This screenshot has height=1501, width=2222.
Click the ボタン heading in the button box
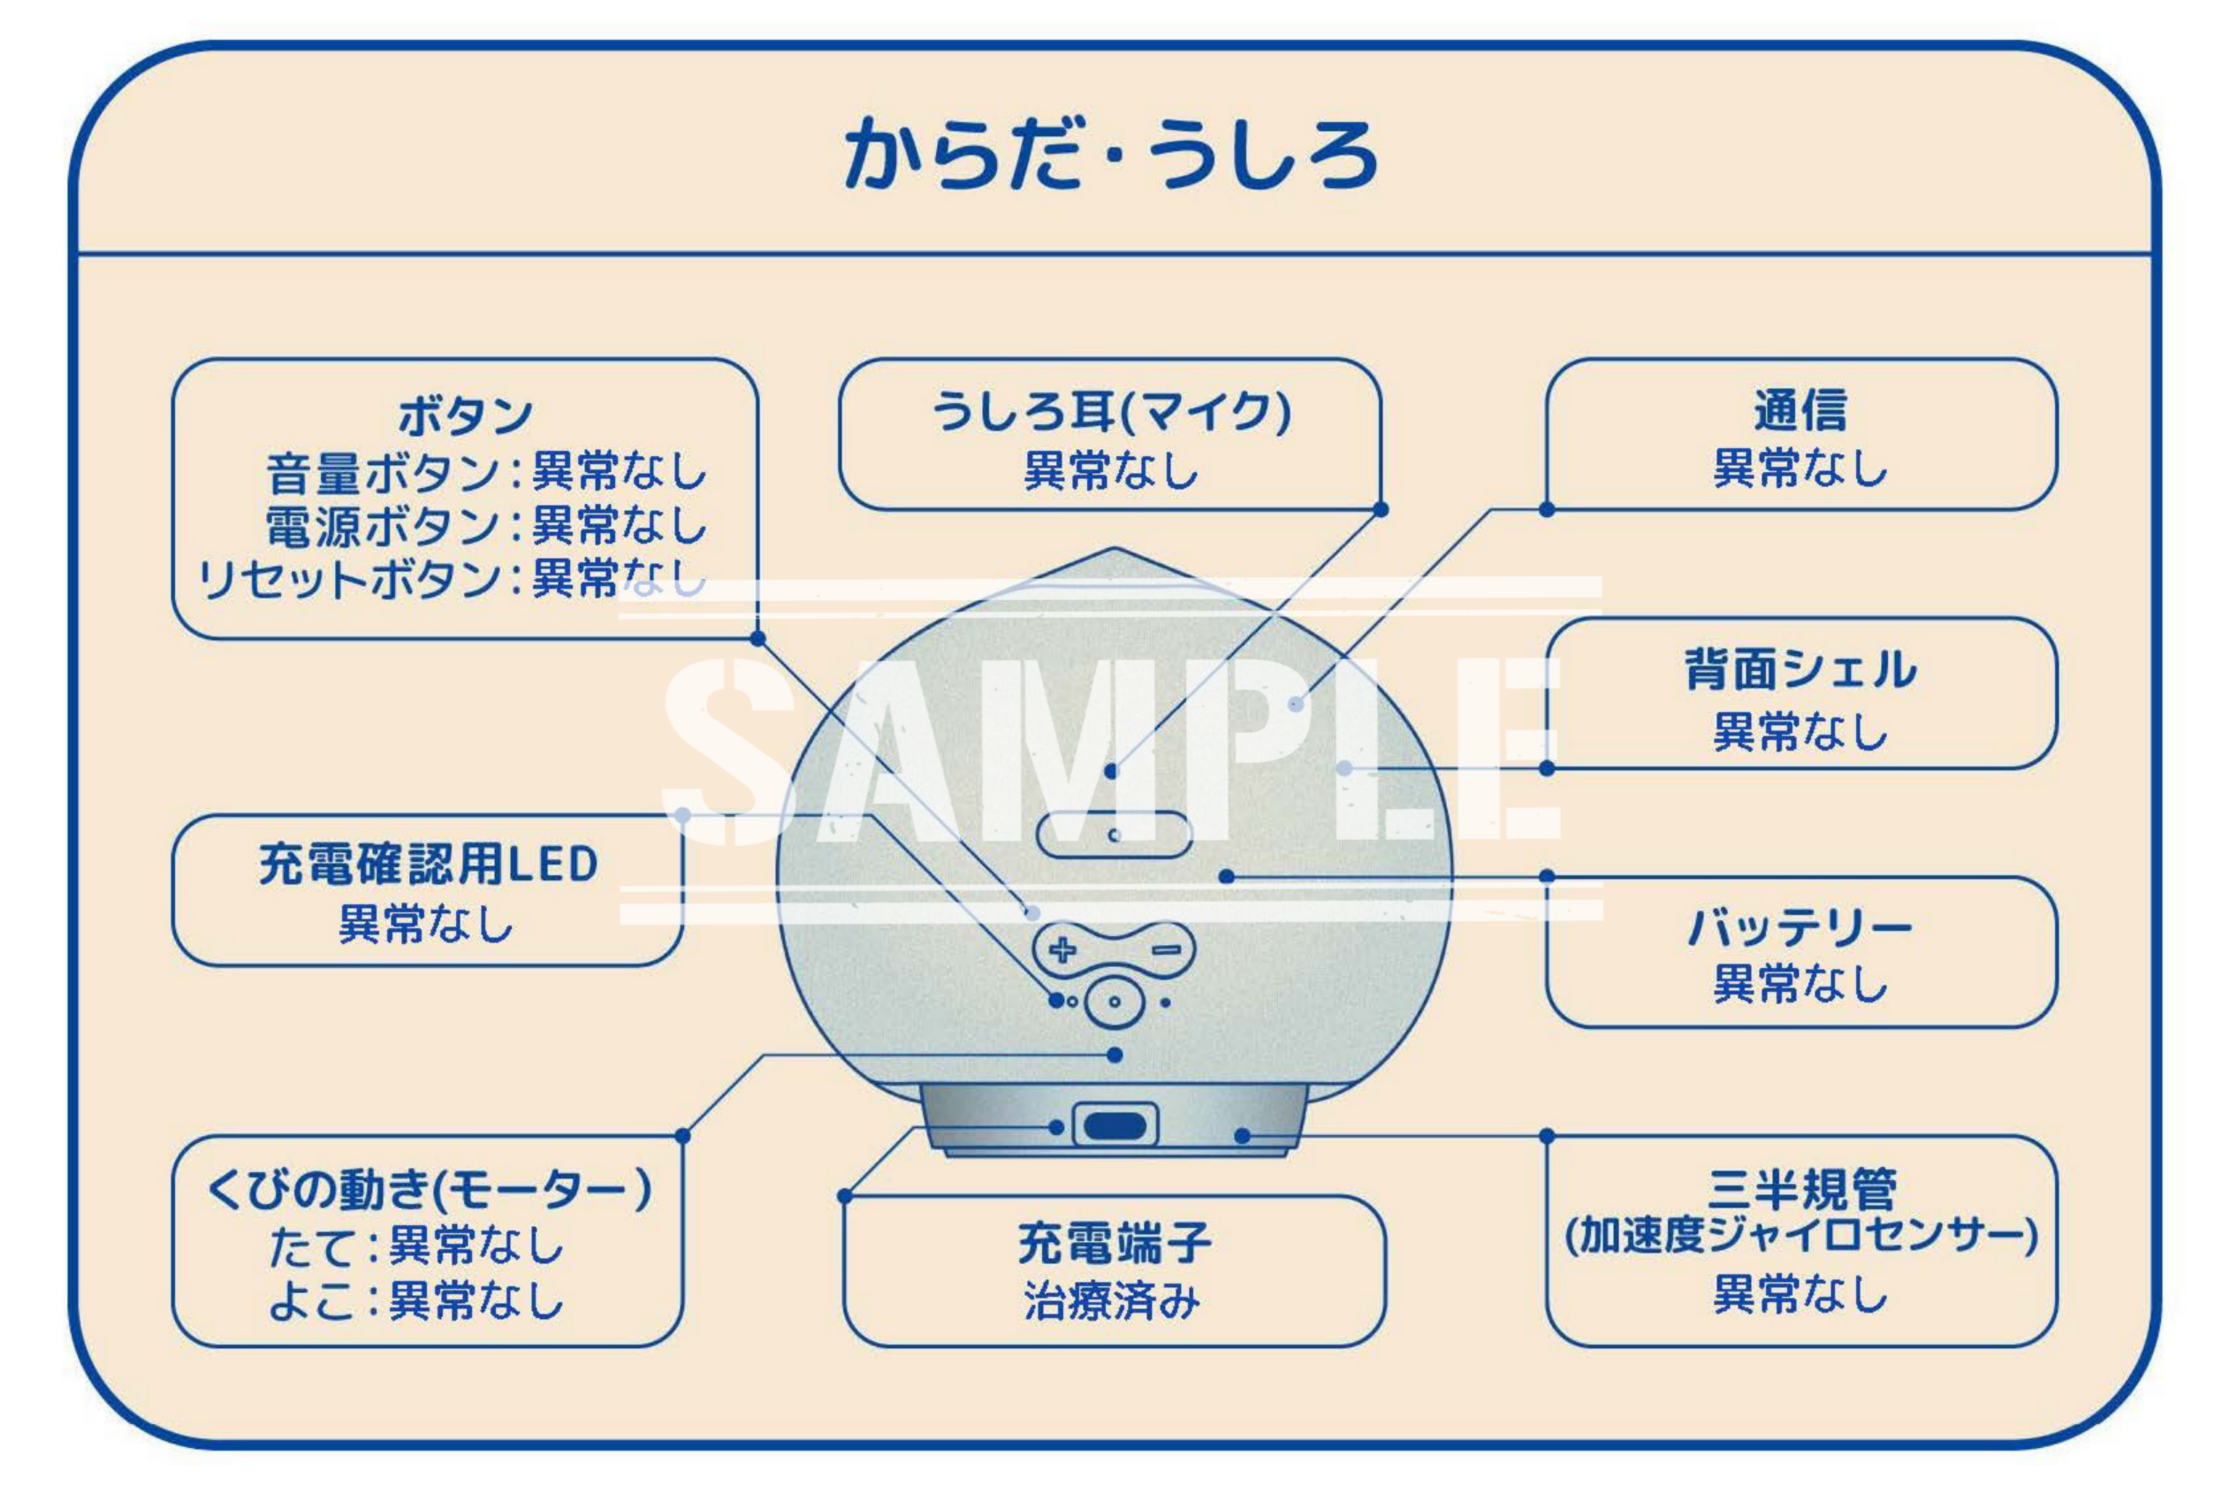465,415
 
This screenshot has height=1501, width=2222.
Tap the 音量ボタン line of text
486,471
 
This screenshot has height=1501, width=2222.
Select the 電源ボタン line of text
486,525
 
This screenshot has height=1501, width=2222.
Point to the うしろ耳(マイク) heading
1111,412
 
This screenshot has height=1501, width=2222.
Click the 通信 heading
1800,411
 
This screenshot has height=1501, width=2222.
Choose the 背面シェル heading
1800,669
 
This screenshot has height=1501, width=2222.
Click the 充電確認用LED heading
429,865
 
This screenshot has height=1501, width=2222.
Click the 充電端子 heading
1114,1243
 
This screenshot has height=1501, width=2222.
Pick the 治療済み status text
1112,1301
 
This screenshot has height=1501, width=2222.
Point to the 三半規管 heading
1800,1189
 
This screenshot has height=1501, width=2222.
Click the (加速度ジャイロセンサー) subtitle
1800,1235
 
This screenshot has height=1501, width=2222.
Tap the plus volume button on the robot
1062,950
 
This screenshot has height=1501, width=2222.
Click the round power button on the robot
1115,1002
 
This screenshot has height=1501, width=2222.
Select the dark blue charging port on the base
1115,1126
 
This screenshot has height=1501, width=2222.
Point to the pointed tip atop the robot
1114,552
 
